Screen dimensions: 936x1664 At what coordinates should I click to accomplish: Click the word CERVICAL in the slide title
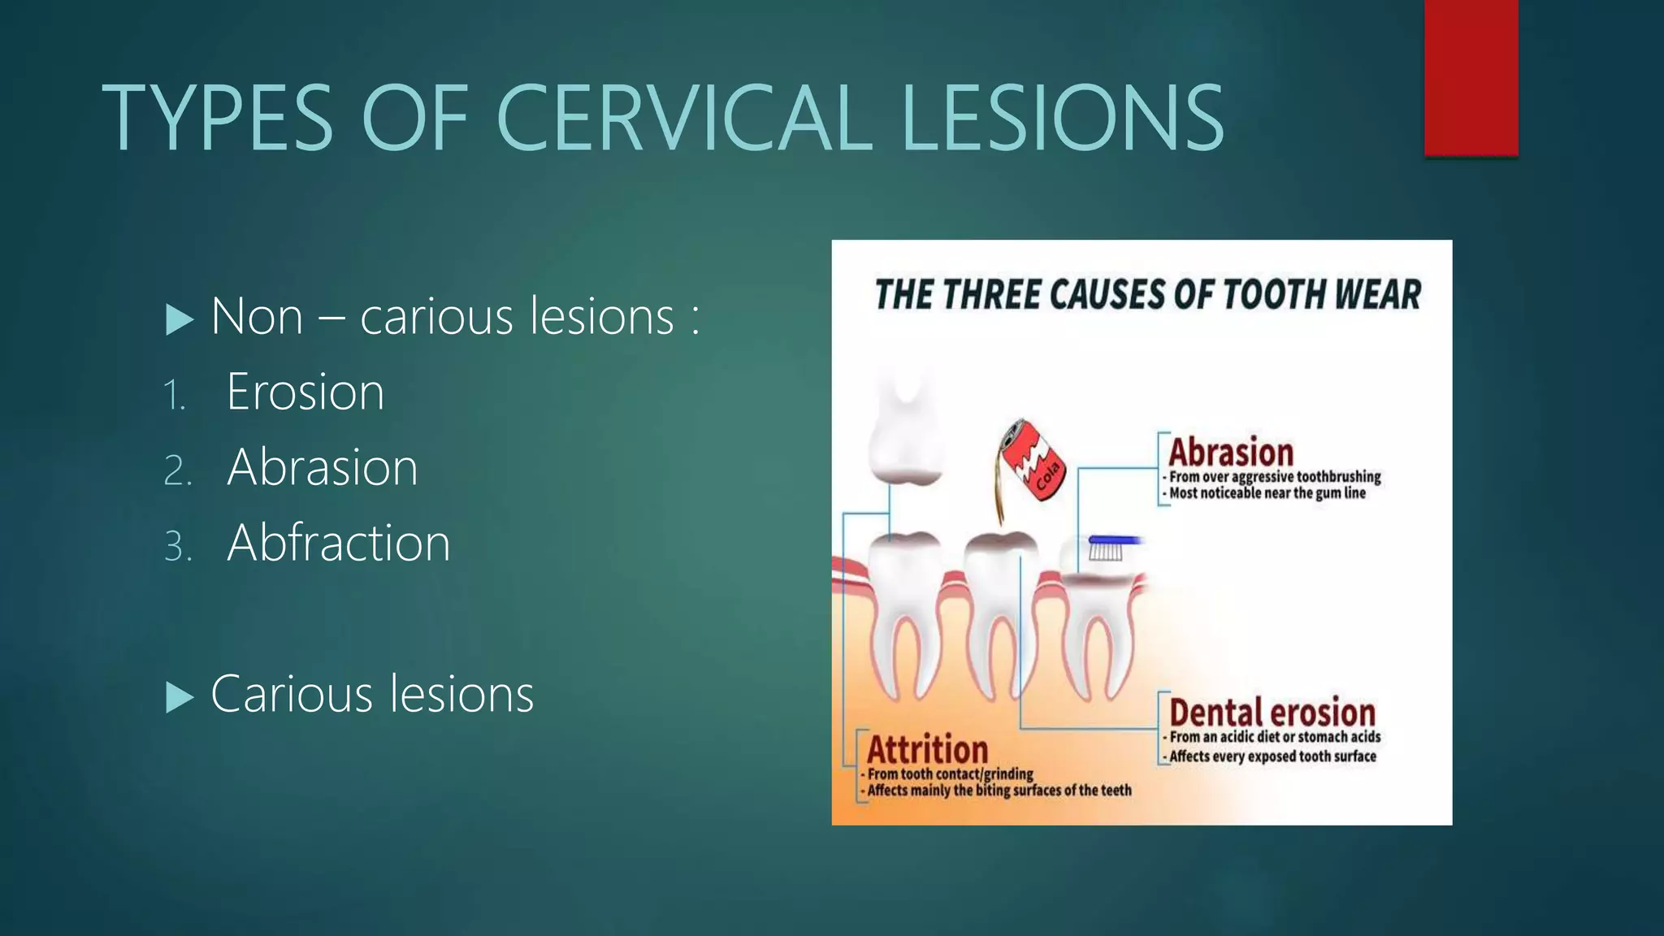point(683,119)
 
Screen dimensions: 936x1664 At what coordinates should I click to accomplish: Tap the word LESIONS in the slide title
point(1061,119)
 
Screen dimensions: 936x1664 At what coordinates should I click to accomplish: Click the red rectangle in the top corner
point(1471,77)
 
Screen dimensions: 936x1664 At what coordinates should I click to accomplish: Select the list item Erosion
point(305,392)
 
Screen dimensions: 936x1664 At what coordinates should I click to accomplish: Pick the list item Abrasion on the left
point(322,468)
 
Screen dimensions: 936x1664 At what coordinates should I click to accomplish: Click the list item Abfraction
point(338,543)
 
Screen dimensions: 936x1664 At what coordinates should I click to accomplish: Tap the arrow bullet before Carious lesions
point(180,697)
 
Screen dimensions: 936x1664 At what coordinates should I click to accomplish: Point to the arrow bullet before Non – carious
point(180,319)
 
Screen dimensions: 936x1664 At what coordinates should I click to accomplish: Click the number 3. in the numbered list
point(178,546)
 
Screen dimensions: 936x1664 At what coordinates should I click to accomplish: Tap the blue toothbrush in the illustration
point(1113,540)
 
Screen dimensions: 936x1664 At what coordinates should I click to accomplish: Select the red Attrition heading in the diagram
point(927,749)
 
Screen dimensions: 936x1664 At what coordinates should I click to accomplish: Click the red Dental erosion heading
point(1272,713)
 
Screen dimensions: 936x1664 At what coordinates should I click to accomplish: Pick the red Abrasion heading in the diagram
point(1230,452)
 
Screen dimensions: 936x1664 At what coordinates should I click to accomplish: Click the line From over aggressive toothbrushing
point(1274,477)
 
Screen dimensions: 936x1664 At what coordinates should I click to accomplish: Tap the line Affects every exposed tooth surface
point(1272,756)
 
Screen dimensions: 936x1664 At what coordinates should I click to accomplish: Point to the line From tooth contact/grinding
point(949,774)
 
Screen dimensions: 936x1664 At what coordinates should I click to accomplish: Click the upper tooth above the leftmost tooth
point(904,431)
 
